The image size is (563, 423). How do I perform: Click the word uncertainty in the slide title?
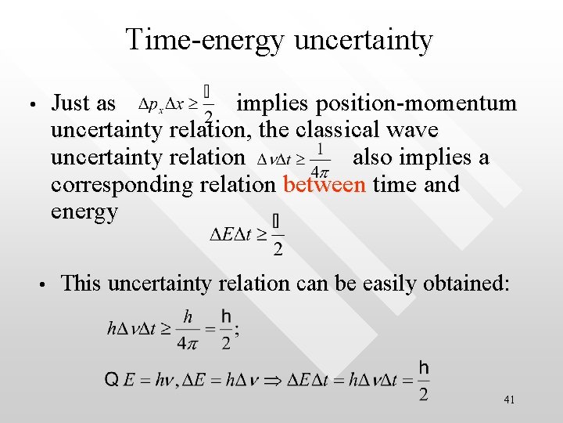(x=363, y=40)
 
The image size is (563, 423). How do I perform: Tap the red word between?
(x=325, y=185)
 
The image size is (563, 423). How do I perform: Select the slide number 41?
(x=509, y=400)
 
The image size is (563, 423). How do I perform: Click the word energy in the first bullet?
(x=84, y=211)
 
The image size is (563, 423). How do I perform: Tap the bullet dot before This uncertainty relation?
(x=45, y=284)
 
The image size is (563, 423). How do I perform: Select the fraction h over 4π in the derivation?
(x=188, y=328)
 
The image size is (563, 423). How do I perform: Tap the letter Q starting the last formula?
(x=111, y=381)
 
